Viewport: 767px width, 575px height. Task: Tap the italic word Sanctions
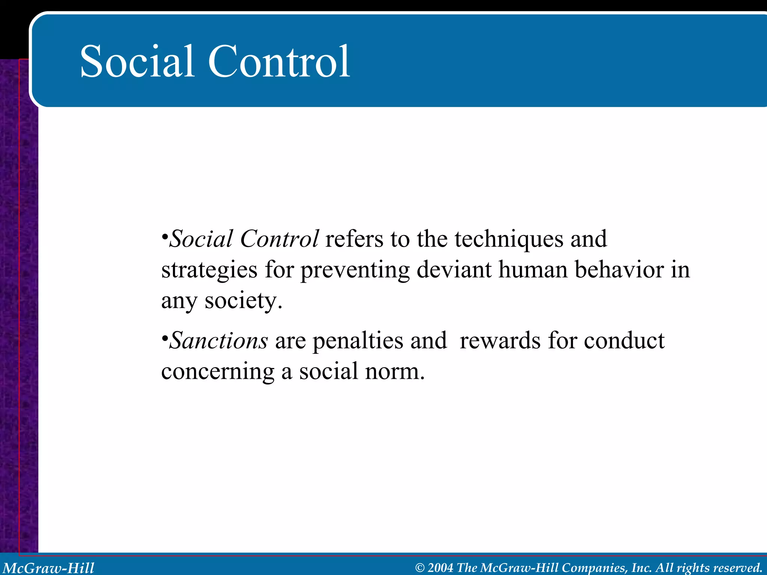click(x=219, y=341)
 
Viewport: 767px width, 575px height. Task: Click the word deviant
click(x=454, y=270)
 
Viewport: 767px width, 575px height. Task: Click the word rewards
click(x=500, y=341)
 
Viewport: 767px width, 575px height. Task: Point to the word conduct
click(x=624, y=341)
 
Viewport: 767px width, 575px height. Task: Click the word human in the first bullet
click(x=533, y=270)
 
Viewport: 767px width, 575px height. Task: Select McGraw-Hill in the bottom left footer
click(x=49, y=568)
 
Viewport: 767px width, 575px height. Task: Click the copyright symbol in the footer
click(x=420, y=568)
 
